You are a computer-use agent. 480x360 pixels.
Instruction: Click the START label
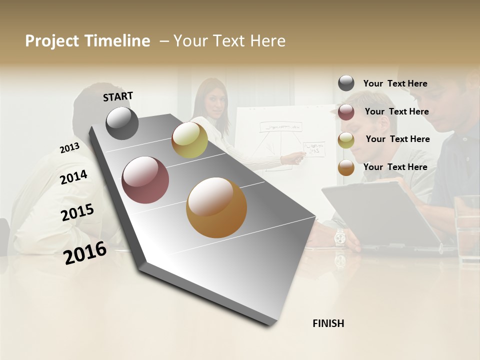click(x=118, y=96)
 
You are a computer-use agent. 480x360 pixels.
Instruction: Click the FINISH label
click(x=328, y=323)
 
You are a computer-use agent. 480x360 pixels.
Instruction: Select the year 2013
click(x=69, y=148)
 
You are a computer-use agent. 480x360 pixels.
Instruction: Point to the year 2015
click(x=77, y=212)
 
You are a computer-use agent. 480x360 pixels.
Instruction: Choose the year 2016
click(x=85, y=252)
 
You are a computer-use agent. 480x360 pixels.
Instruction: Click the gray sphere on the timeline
click(x=122, y=123)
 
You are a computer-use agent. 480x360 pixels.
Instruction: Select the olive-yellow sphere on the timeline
click(x=189, y=139)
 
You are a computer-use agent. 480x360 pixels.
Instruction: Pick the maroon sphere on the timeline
click(x=145, y=180)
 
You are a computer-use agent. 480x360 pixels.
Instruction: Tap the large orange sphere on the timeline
click(x=216, y=207)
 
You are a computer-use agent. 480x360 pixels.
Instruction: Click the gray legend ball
click(x=346, y=83)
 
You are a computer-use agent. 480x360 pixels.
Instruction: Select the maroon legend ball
click(x=346, y=112)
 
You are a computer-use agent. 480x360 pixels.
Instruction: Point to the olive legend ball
click(x=346, y=140)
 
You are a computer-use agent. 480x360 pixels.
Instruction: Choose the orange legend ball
click(x=346, y=168)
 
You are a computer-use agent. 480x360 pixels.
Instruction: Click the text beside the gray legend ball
click(x=395, y=83)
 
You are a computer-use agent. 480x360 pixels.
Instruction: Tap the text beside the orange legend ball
click(x=395, y=167)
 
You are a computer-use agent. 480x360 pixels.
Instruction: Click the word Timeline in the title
click(x=117, y=41)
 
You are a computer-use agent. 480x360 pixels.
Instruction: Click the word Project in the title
click(x=52, y=41)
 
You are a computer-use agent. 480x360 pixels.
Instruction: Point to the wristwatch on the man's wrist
click(x=340, y=236)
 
